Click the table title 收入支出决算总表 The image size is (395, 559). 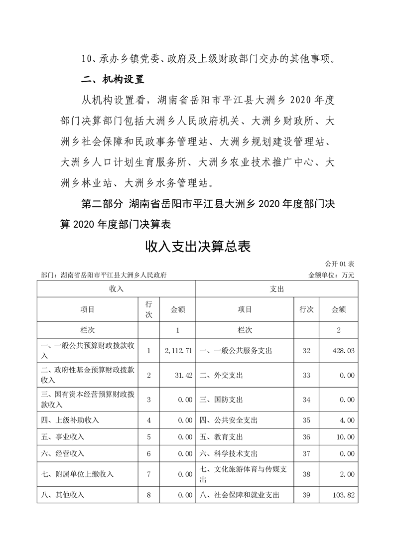197,246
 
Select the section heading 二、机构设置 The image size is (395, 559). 112,79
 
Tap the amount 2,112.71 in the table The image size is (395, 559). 178,351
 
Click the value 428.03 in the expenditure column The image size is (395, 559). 343,351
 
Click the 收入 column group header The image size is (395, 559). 116,288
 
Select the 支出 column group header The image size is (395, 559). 276,288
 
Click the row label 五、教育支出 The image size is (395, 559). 222,437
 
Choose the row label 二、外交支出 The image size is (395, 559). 222,375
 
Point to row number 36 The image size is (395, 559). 306,437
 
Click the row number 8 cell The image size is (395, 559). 148,495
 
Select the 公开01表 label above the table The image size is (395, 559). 340,263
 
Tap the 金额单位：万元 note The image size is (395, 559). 331,275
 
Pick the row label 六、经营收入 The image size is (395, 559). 63,453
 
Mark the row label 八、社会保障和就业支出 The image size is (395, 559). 240,495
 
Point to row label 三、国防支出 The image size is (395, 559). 222,399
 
